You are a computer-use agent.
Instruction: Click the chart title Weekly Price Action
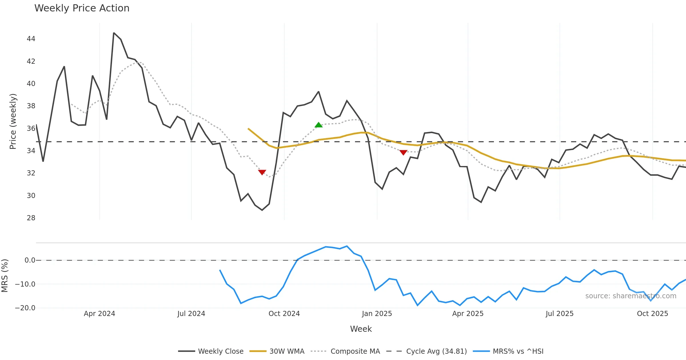(x=82, y=8)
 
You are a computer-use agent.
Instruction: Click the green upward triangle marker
(x=318, y=125)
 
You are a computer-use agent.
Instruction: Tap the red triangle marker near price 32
(x=262, y=172)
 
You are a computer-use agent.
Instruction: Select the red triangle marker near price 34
(x=403, y=153)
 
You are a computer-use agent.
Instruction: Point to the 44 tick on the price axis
(x=31, y=39)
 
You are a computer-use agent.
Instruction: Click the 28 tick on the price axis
(x=31, y=218)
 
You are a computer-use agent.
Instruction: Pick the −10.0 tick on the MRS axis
(x=25, y=284)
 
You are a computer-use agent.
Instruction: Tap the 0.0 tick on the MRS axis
(x=30, y=260)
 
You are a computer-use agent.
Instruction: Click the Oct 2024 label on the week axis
(x=284, y=314)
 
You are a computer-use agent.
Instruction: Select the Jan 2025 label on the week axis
(x=377, y=314)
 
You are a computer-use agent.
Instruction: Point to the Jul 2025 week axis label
(x=559, y=314)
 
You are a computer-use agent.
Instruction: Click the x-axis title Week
(x=361, y=329)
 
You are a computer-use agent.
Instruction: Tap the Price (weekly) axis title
(x=13, y=121)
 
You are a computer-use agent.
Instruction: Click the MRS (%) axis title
(x=5, y=275)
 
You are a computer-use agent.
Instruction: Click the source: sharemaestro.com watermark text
(x=631, y=296)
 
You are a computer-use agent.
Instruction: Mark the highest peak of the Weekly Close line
(x=114, y=33)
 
